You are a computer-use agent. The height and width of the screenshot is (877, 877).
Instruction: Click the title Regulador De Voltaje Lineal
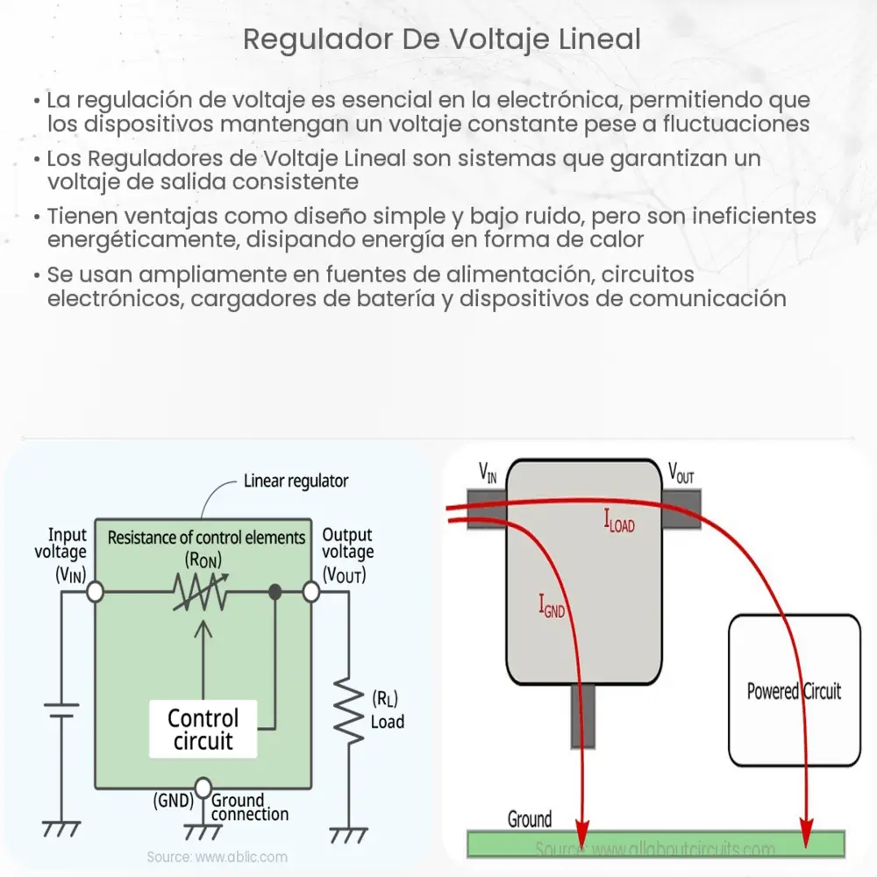coord(442,39)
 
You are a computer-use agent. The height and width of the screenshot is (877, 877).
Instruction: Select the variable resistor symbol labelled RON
coord(203,594)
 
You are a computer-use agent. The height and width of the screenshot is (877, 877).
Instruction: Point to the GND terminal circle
coord(203,788)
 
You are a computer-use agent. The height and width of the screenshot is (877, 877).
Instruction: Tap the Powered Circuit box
coord(794,690)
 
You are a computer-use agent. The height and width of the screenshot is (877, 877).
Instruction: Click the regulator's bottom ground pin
coord(581,715)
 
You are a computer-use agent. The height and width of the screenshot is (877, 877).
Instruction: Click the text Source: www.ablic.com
coord(217,857)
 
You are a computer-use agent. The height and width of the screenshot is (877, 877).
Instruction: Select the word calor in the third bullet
coord(621,239)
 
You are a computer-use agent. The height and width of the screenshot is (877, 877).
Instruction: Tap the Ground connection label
coord(250,807)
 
